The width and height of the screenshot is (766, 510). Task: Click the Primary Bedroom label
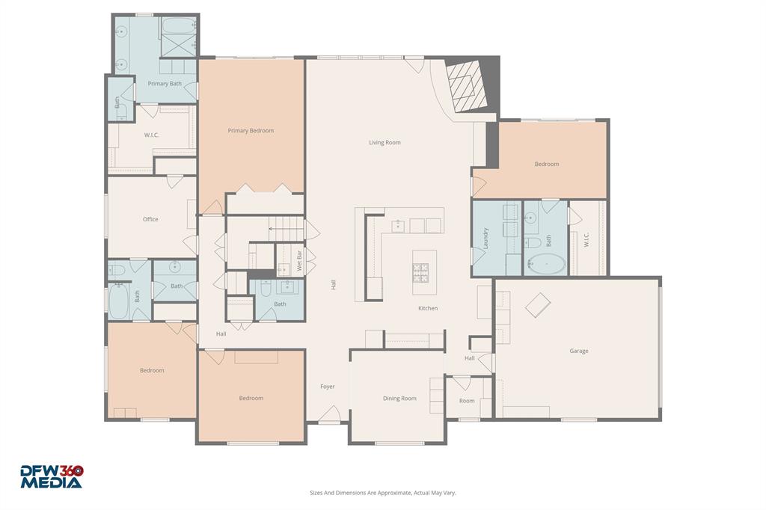click(x=251, y=131)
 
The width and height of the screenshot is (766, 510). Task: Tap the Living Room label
click(x=384, y=142)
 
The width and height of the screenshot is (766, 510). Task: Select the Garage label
click(x=578, y=351)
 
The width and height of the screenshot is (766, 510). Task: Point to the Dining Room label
click(x=399, y=399)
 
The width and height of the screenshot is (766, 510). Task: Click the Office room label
click(x=150, y=219)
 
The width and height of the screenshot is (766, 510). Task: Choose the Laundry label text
click(x=485, y=238)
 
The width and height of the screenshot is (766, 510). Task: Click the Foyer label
click(x=328, y=387)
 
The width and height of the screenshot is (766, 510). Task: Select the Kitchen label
click(x=428, y=308)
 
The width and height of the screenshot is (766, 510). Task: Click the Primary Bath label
click(x=165, y=84)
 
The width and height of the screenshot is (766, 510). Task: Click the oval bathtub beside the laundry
click(x=547, y=263)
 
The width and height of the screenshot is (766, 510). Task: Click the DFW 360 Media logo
click(x=51, y=476)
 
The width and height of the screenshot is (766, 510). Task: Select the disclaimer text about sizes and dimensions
click(x=383, y=493)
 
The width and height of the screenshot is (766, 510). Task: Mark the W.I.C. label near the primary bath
click(x=153, y=135)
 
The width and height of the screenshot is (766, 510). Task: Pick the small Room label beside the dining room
click(x=467, y=401)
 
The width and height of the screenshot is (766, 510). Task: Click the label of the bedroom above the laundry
click(x=546, y=164)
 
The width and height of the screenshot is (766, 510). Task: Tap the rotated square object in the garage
click(x=537, y=304)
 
